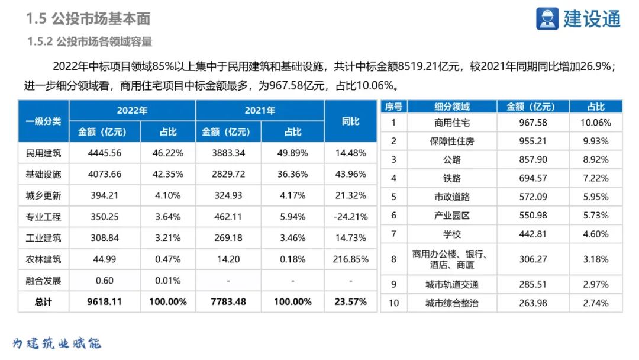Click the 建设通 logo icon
(x=547, y=18)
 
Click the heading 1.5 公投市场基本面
(x=88, y=19)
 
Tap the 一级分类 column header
(x=43, y=121)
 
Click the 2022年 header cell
(x=132, y=111)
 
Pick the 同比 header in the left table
(x=350, y=121)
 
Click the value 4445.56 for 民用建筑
(x=104, y=153)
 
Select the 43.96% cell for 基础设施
(x=350, y=174)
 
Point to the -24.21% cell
(x=350, y=217)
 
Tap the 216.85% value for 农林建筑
(x=350, y=259)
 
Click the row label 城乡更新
(x=43, y=195)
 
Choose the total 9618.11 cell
(x=104, y=301)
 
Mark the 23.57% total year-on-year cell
(x=350, y=301)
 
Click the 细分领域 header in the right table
(x=451, y=107)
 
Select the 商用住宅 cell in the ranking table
(x=451, y=123)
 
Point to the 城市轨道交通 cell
(x=451, y=284)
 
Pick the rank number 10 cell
(x=393, y=303)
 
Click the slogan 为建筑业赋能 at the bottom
(x=57, y=343)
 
